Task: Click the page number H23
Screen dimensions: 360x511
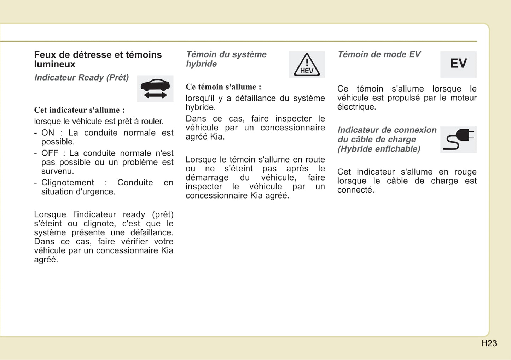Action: pos(489,343)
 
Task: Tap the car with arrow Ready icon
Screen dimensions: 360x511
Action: pos(155,89)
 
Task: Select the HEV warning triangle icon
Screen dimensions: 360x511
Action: pos(307,65)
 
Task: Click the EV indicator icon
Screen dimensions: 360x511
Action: pos(458,64)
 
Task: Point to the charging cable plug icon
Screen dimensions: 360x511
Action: pos(458,139)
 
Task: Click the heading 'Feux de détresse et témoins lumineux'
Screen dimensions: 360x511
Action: pos(98,59)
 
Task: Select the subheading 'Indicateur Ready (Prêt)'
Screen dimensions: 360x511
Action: pos(81,78)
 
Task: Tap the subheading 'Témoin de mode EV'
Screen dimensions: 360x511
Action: pos(379,54)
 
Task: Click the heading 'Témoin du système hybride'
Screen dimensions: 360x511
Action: pos(226,59)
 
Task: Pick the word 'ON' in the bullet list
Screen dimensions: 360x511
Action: pos(48,133)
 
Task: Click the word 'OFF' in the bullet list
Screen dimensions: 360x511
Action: pos(50,153)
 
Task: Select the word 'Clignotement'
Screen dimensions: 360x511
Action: pos(68,183)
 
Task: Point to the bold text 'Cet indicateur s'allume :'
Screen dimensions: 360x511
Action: pos(79,110)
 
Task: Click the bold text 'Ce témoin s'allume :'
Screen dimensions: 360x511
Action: pos(223,87)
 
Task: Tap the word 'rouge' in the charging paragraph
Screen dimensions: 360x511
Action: pos(465,172)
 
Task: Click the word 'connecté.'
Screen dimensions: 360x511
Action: pos(355,190)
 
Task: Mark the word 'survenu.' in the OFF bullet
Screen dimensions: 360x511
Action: pos(58,171)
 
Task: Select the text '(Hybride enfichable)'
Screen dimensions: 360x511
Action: pos(379,149)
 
